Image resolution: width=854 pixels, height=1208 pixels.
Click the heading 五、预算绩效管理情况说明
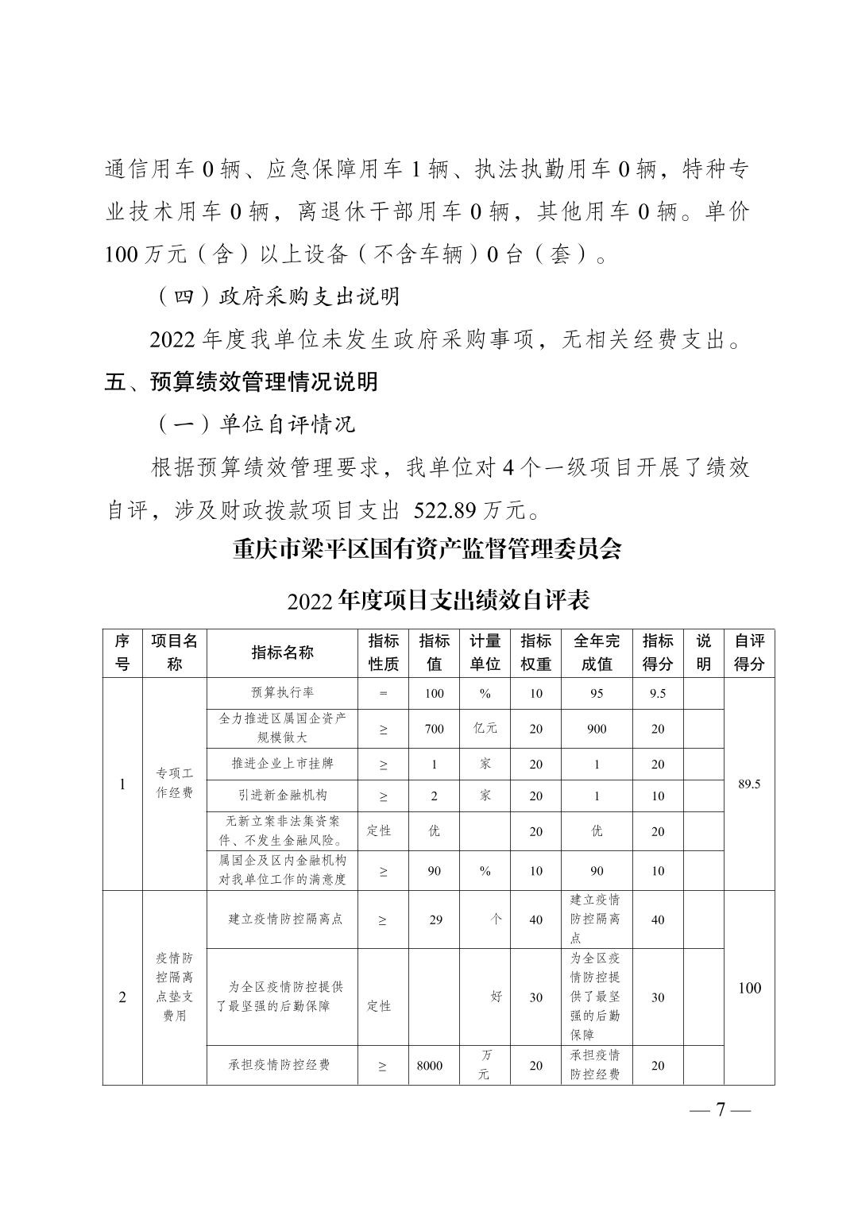[242, 382]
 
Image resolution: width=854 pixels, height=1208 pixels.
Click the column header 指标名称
[282, 653]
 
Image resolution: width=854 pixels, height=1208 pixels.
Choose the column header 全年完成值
[596, 653]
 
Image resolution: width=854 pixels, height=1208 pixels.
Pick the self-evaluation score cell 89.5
[748, 784]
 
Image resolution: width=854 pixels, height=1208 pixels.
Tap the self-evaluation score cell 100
[748, 989]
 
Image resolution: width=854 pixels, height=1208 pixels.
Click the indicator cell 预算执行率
[282, 692]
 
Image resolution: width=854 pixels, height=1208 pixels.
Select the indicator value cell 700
[434, 729]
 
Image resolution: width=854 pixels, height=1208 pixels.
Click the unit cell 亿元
[485, 729]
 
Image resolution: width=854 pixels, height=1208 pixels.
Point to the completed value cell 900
[596, 729]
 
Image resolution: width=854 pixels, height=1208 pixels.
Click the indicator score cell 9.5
[657, 693]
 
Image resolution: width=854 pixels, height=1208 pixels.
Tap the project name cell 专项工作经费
[174, 783]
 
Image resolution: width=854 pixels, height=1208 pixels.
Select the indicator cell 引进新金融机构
[282, 795]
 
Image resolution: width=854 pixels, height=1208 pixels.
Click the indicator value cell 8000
[430, 1067]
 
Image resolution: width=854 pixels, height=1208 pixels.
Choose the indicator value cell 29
[435, 920]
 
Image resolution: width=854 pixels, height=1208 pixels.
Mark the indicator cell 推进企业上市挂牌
[282, 764]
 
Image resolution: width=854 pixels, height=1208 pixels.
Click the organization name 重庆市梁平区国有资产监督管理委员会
[427, 549]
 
